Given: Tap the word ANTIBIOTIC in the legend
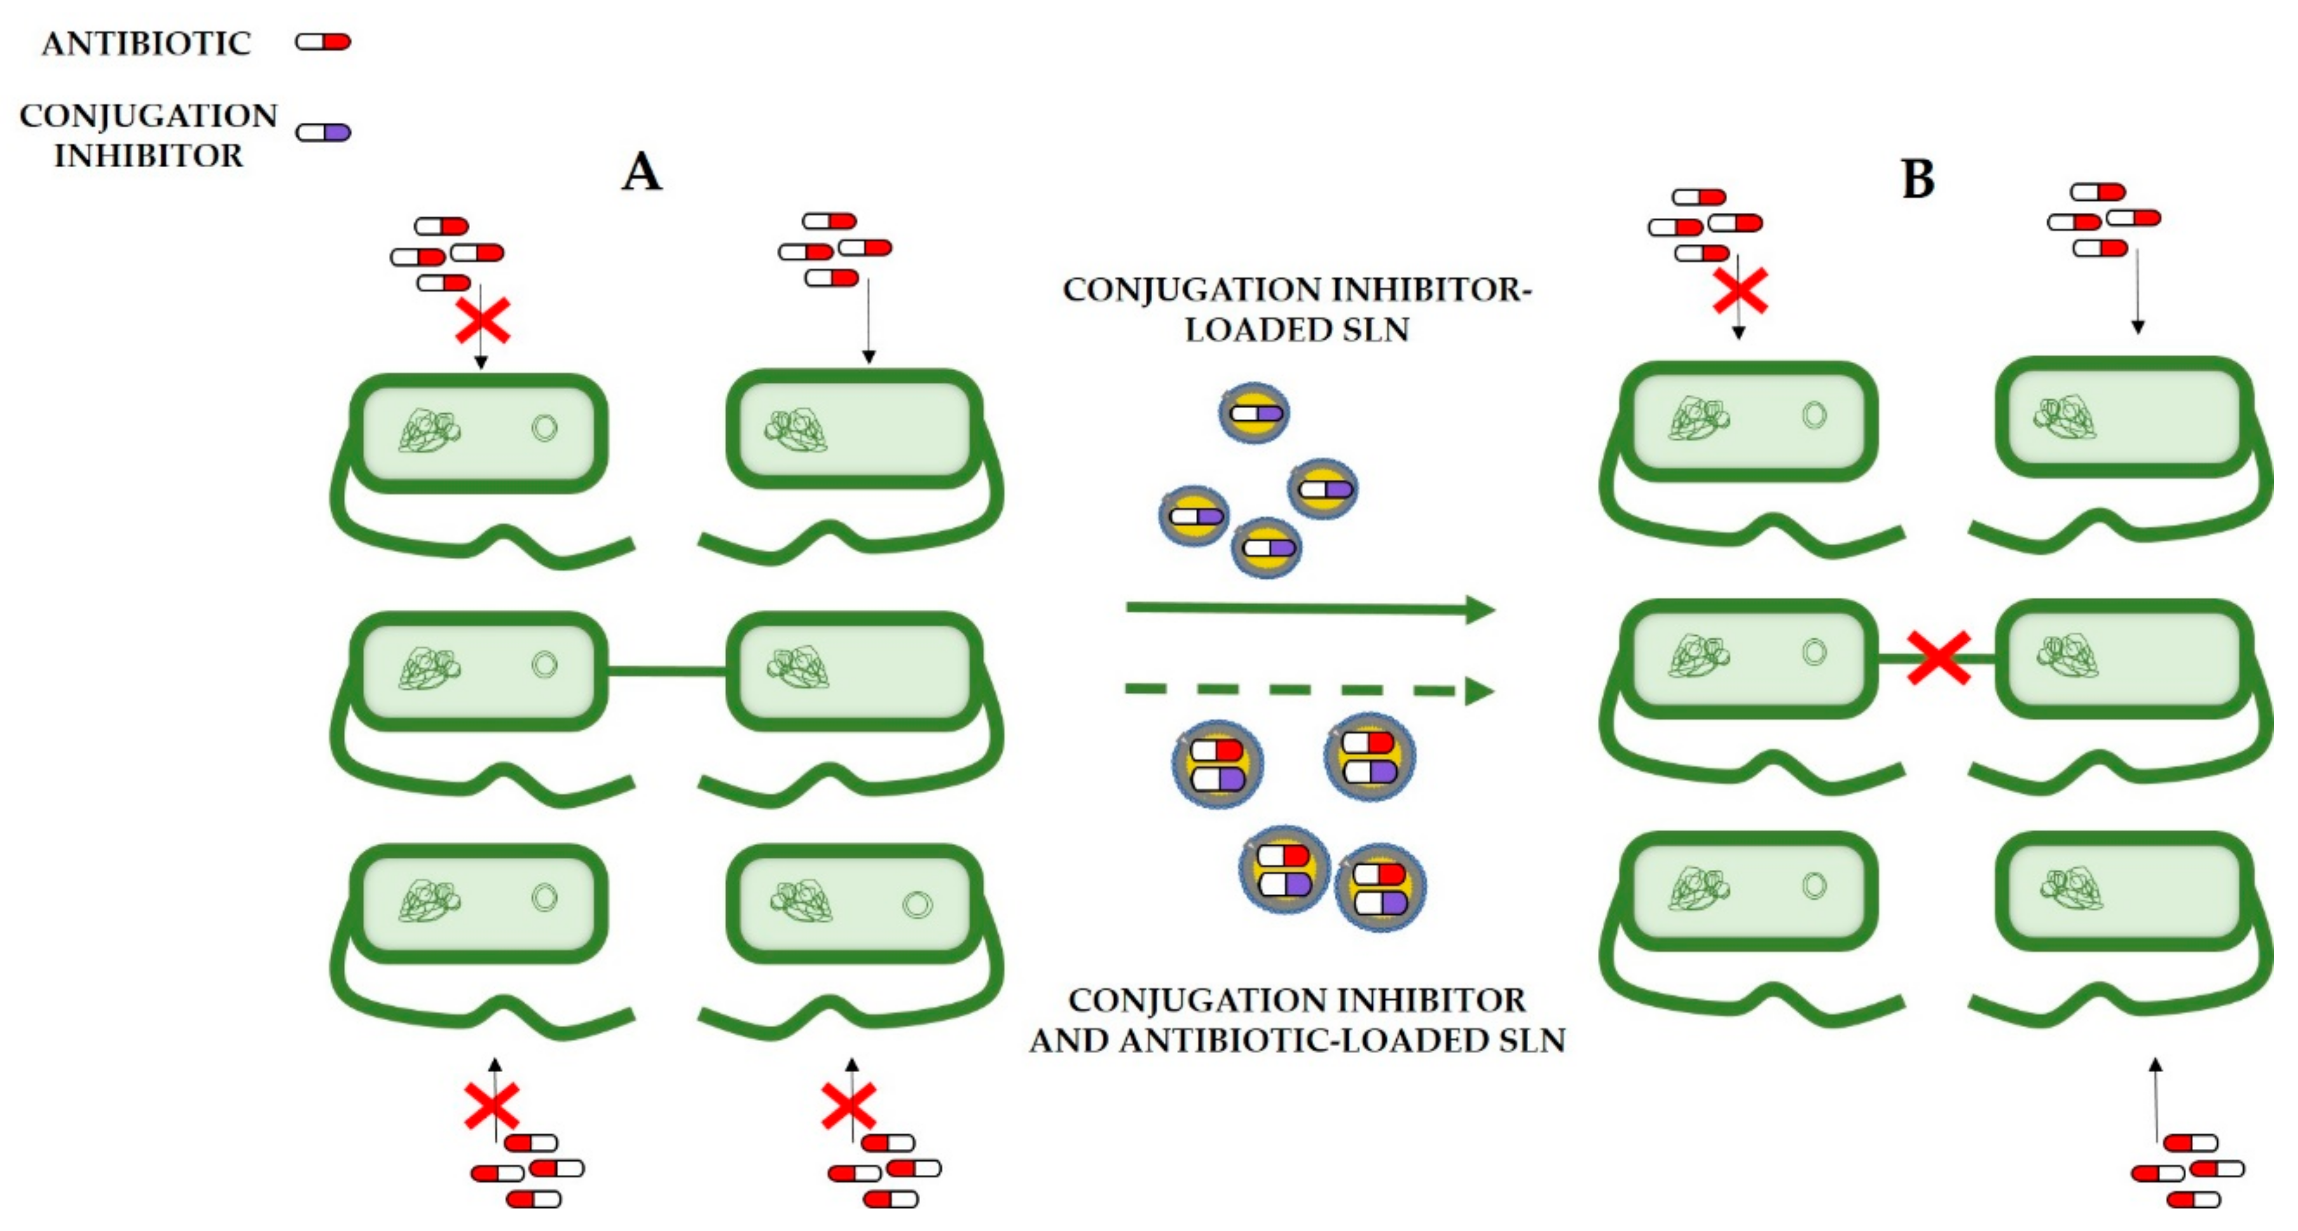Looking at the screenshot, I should tap(146, 43).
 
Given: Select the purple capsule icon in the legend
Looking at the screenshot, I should tap(324, 132).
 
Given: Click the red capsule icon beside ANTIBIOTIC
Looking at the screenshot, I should tap(324, 42).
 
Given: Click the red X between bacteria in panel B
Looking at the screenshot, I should tap(1939, 658).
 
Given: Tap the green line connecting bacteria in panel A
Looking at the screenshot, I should tap(667, 671).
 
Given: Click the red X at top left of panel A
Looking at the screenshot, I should tap(483, 321).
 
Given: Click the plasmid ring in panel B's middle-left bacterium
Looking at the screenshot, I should tap(1813, 652).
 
